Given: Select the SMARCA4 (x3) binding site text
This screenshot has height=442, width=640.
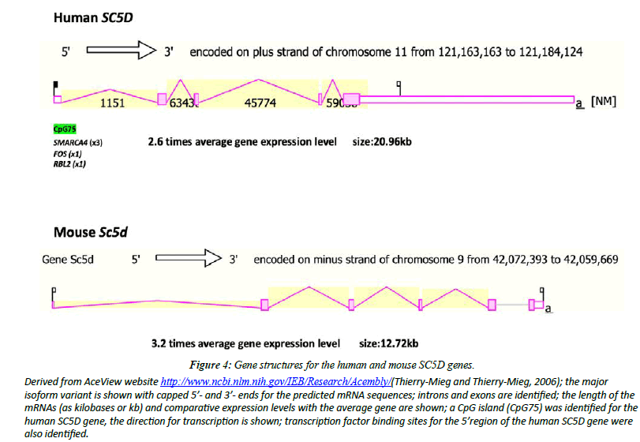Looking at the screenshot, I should pos(78,143).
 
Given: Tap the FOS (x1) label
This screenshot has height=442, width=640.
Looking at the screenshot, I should pos(68,154).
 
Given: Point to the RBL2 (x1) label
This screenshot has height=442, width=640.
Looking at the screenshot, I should pos(69,165).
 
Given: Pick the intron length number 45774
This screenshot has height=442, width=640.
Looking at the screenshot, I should pos(260,103).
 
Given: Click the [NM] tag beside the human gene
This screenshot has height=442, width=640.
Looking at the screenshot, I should pos(603,102).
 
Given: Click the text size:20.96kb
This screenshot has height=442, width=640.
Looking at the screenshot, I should pos(382,142).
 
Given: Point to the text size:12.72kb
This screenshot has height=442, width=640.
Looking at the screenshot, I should pos(388,343).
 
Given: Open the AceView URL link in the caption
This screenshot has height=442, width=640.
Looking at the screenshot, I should pos(275,381).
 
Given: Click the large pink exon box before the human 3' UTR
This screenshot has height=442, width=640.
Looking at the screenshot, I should pos(352,99).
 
